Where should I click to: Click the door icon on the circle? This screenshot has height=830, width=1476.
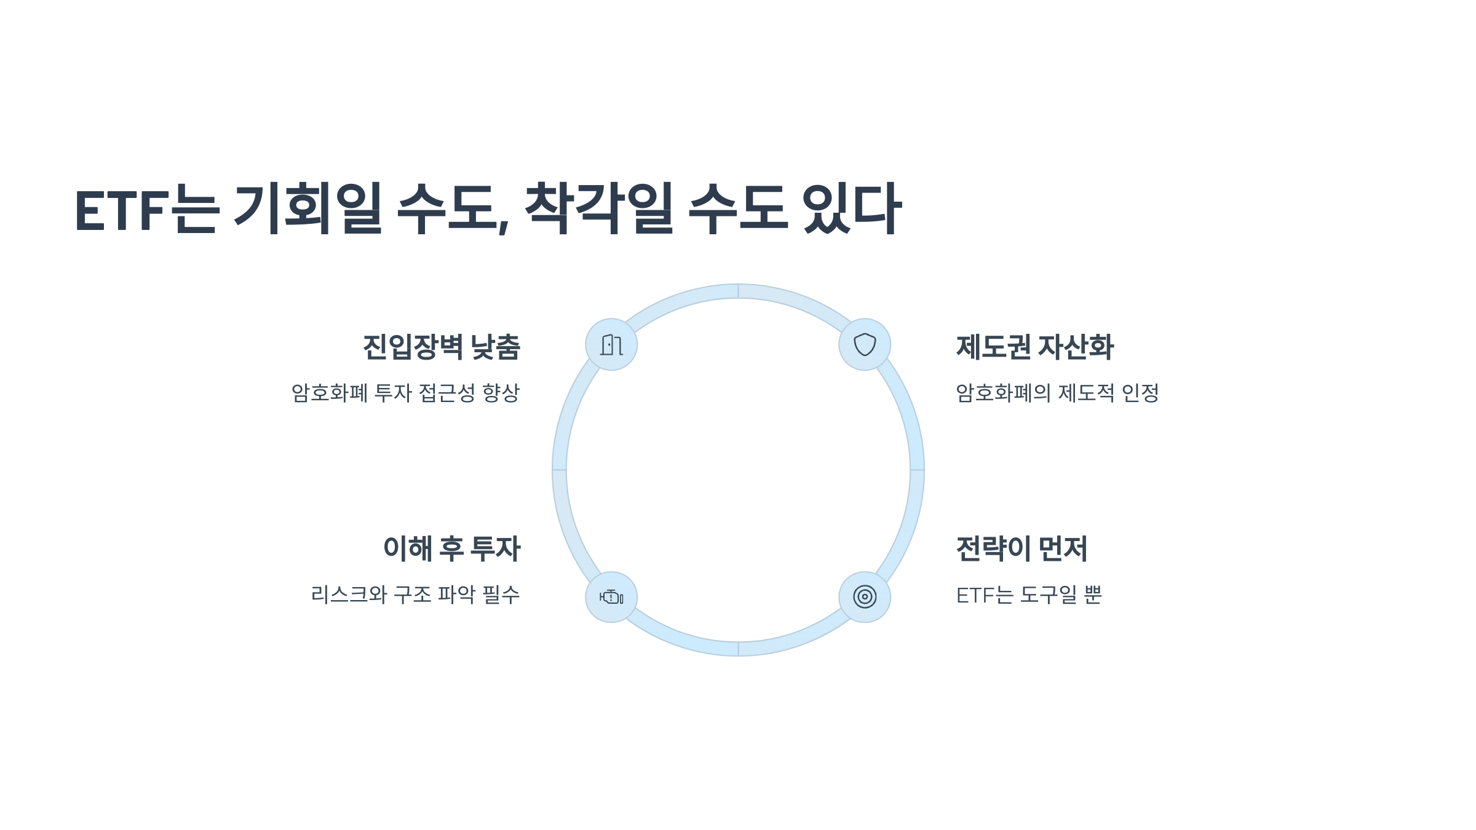pyautogui.click(x=611, y=345)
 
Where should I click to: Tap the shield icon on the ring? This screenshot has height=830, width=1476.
pyautogui.click(x=865, y=345)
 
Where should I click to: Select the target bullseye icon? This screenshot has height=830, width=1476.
pyautogui.click(x=865, y=597)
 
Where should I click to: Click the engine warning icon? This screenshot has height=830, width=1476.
pyautogui.click(x=611, y=597)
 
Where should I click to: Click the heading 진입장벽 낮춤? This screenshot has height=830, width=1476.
pyautogui.click(x=442, y=347)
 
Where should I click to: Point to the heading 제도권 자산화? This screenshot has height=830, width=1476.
pyautogui.click(x=1035, y=347)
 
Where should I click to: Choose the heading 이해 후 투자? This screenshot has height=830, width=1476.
pyautogui.click(x=452, y=549)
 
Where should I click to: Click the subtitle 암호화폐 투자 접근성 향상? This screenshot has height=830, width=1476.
pyautogui.click(x=406, y=393)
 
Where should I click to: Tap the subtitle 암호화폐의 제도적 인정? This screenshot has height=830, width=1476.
pyautogui.click(x=1057, y=393)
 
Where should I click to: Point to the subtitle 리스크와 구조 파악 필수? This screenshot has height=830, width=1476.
pyautogui.click(x=416, y=595)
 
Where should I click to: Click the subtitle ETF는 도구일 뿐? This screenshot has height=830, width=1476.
pyautogui.click(x=1029, y=595)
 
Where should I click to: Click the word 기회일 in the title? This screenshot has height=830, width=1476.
pyautogui.click(x=307, y=209)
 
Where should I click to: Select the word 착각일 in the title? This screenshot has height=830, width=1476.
pyautogui.click(x=598, y=209)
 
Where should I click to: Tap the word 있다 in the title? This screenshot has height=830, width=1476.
pyautogui.click(x=852, y=209)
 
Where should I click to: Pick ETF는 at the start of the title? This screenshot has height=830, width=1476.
pyautogui.click(x=146, y=209)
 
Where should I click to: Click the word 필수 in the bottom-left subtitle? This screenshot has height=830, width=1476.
pyautogui.click(x=501, y=595)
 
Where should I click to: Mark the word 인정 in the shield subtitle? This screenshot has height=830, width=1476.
pyautogui.click(x=1140, y=393)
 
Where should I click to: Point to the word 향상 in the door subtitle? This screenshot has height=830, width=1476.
pyautogui.click(x=501, y=393)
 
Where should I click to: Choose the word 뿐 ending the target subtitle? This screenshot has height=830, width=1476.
pyautogui.click(x=1093, y=595)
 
